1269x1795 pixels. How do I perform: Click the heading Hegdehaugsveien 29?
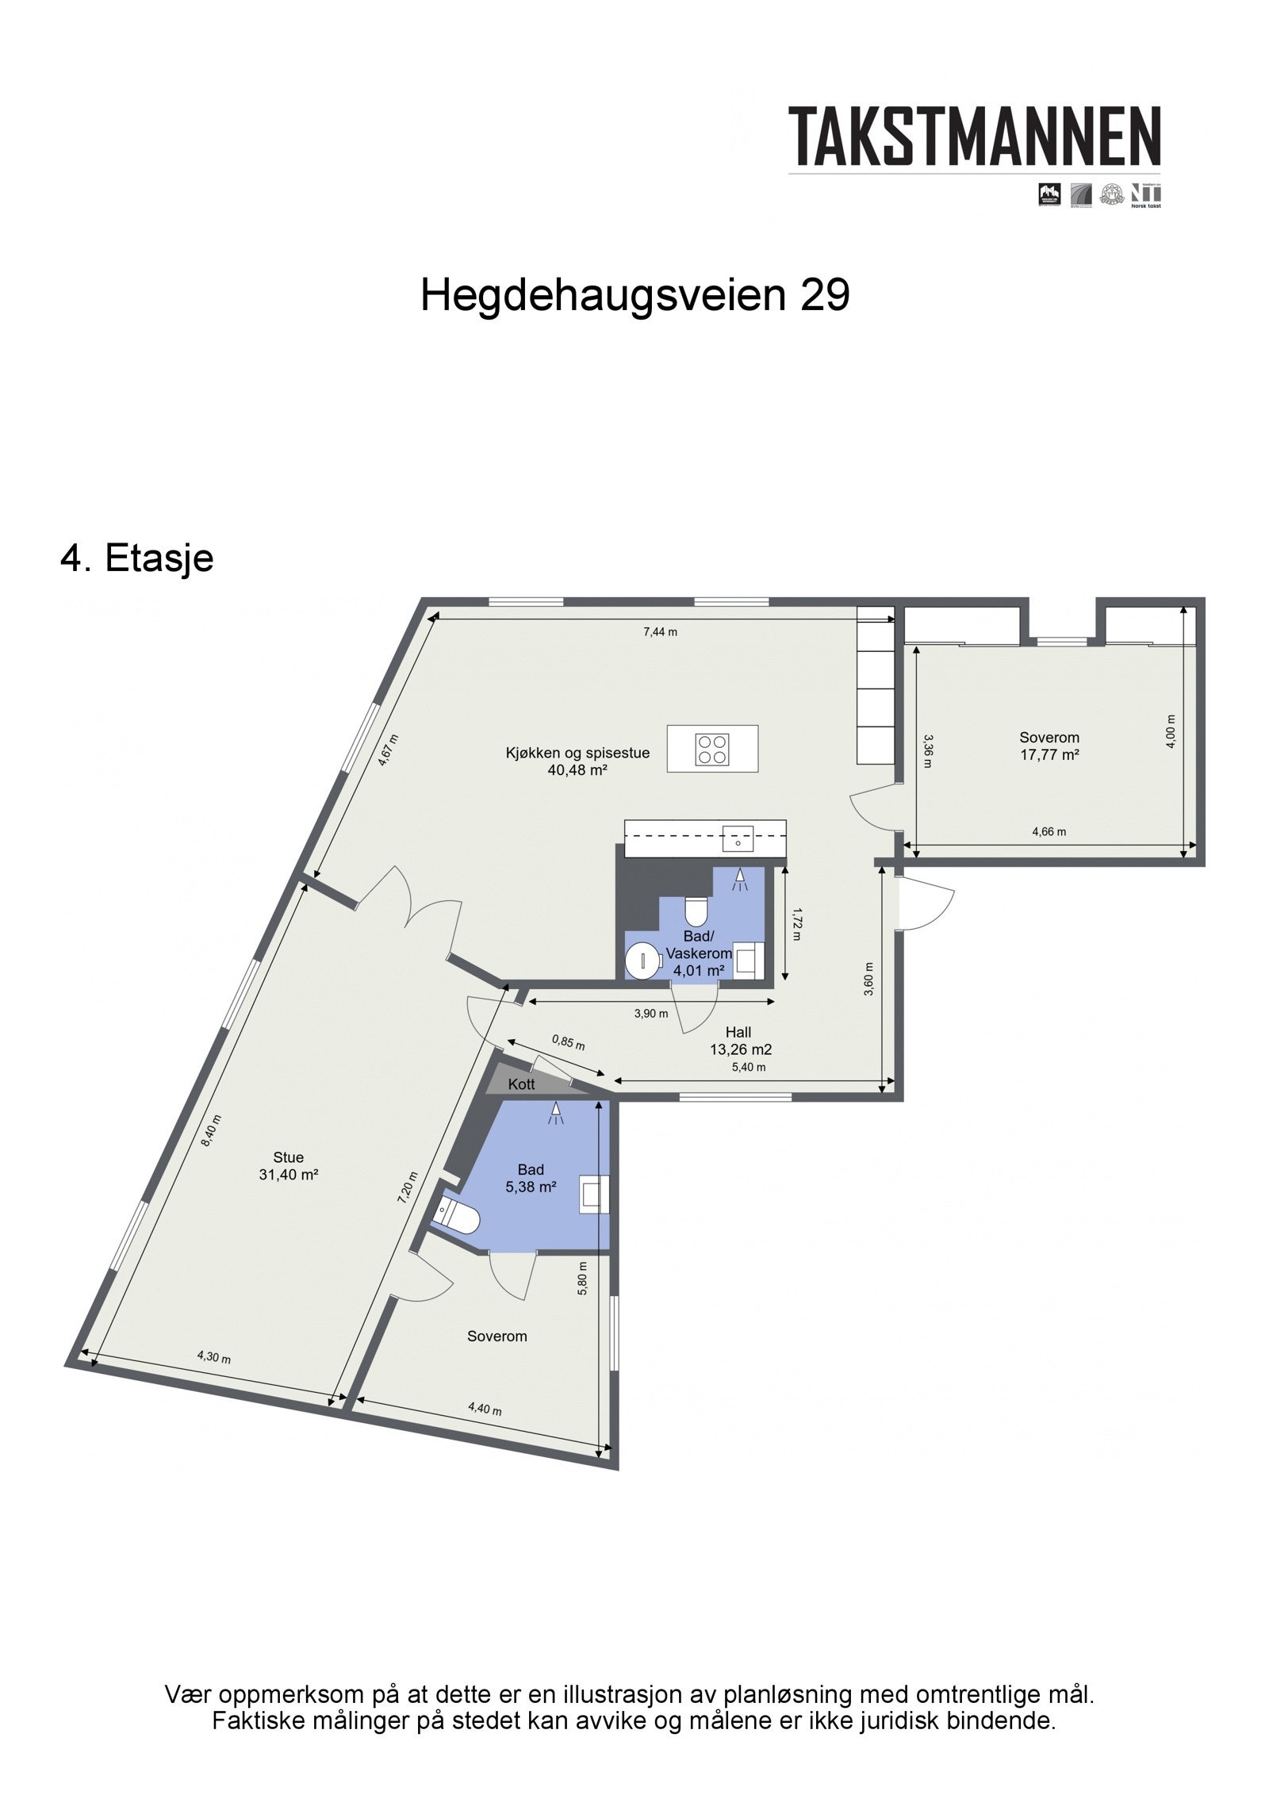(634, 296)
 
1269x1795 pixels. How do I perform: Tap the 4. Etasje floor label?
(136, 558)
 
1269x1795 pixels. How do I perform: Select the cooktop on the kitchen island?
(711, 749)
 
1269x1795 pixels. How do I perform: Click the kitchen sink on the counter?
(738, 838)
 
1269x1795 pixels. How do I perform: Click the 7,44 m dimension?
(660, 632)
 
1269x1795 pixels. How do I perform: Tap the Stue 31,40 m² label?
(288, 1166)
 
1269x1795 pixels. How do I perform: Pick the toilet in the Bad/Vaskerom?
(696, 911)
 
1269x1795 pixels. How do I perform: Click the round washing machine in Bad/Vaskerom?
(642, 961)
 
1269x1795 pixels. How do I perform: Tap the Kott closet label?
(521, 1084)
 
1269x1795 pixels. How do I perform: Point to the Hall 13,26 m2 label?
(740, 1041)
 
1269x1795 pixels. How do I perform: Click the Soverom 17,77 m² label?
(1049, 746)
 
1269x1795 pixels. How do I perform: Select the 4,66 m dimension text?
(1049, 832)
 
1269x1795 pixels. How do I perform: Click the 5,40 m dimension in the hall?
(749, 1067)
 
